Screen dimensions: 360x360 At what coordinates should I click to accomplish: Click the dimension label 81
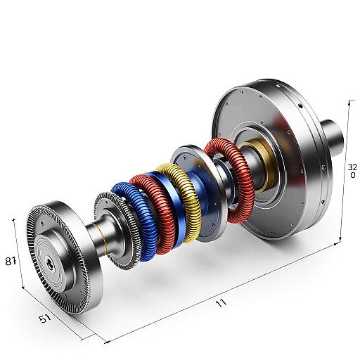point(11,262)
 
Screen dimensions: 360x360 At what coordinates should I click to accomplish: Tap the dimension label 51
point(44,319)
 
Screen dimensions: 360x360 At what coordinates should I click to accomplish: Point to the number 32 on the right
point(352,167)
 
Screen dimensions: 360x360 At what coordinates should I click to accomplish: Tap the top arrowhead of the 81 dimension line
point(14,219)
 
